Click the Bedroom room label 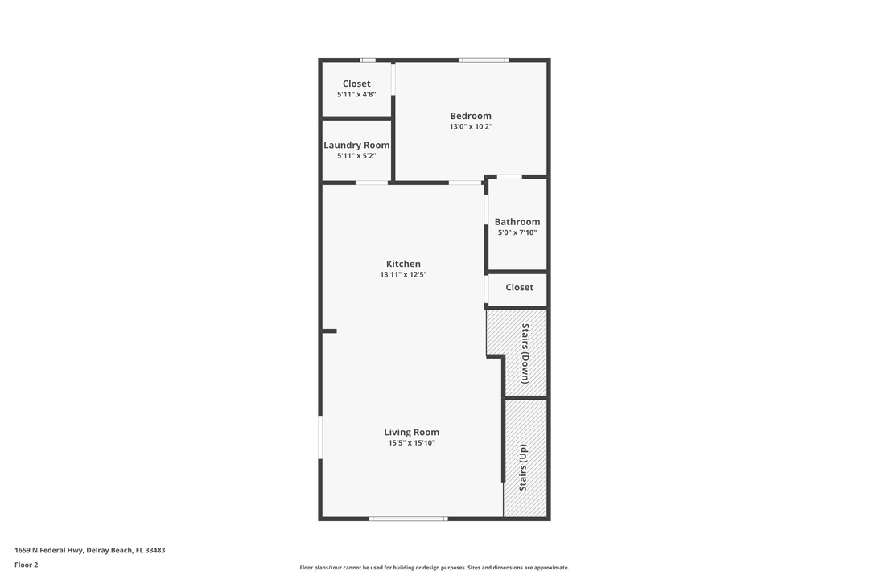pyautogui.click(x=471, y=116)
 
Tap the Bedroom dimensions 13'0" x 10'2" pyautogui.click(x=471, y=127)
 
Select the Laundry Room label pyautogui.click(x=356, y=146)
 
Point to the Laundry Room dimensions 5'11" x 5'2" pyautogui.click(x=356, y=156)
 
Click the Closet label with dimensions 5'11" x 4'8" pyautogui.click(x=356, y=84)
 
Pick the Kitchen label pyautogui.click(x=403, y=264)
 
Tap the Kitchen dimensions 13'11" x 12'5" pyautogui.click(x=403, y=275)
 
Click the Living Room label pyautogui.click(x=411, y=433)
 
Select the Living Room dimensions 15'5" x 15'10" pyautogui.click(x=411, y=443)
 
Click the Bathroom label pyautogui.click(x=517, y=222)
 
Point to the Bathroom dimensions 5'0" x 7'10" pyautogui.click(x=517, y=233)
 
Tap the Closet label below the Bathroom pyautogui.click(x=519, y=288)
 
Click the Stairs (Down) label pyautogui.click(x=525, y=353)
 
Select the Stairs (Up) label pyautogui.click(x=523, y=467)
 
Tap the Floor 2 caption pyautogui.click(x=26, y=565)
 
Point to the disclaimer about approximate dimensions pyautogui.click(x=434, y=568)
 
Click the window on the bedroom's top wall pyautogui.click(x=484, y=60)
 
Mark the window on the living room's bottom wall pyautogui.click(x=408, y=519)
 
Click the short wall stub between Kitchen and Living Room pyautogui.click(x=329, y=331)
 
